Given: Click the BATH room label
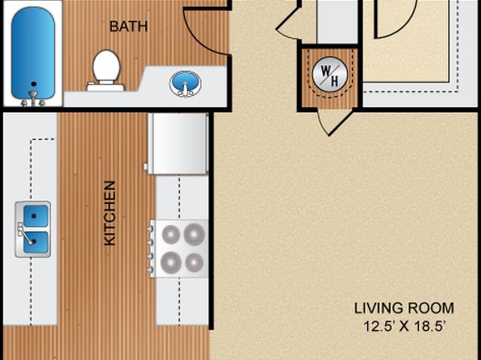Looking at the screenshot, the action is click(128, 27).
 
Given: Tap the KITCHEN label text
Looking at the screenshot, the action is click(110, 213).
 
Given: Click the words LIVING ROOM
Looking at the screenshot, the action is click(404, 308).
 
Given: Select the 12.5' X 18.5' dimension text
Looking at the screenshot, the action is click(404, 326).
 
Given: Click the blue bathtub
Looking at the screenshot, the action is click(33, 54).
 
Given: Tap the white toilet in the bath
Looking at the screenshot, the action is click(106, 70).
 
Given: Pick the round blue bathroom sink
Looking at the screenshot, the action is click(185, 83).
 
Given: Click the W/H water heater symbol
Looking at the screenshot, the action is click(330, 74).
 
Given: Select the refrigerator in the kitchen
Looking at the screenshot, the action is click(177, 144).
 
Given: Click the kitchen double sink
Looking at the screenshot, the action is click(33, 229).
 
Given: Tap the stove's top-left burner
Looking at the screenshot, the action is click(171, 234).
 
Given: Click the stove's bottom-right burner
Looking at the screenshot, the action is click(194, 262).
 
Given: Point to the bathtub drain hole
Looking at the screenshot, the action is click(34, 84).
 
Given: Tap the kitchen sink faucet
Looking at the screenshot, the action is click(24, 236).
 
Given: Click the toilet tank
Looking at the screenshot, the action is click(106, 86).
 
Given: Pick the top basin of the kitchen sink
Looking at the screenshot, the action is click(36, 216).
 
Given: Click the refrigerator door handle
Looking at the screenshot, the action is click(146, 167).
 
